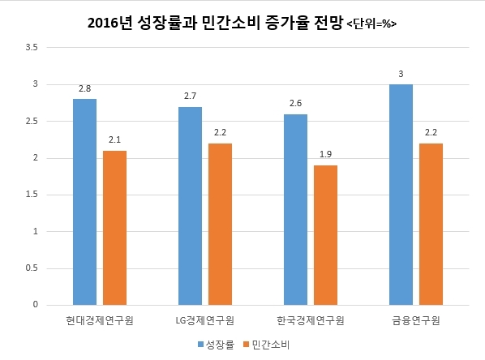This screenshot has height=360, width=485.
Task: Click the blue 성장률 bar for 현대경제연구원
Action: [84, 202]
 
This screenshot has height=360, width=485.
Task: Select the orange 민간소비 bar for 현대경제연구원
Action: [114, 228]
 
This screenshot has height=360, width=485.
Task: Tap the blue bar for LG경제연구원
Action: [191, 206]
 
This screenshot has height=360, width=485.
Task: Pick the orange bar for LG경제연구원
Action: [221, 225]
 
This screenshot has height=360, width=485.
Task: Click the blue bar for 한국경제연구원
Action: [296, 210]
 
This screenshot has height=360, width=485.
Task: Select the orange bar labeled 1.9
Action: [326, 235]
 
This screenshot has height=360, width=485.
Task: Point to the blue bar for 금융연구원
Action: [401, 195]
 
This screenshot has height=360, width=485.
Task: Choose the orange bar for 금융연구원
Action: [431, 225]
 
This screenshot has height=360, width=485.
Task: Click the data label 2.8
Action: [84, 88]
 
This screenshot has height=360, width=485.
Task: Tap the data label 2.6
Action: [296, 103]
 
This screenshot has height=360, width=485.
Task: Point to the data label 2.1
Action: [114, 139]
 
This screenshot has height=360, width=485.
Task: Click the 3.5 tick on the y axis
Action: [32, 47]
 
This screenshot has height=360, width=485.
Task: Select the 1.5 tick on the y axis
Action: [32, 195]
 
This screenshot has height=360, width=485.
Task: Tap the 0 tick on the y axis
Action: [35, 304]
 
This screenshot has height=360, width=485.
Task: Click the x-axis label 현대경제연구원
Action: [100, 320]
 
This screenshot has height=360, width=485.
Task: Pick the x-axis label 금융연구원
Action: [416, 320]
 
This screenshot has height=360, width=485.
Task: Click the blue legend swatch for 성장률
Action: [201, 345]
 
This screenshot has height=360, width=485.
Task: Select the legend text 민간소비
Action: [271, 345]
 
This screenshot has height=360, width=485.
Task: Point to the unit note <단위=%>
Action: [371, 24]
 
